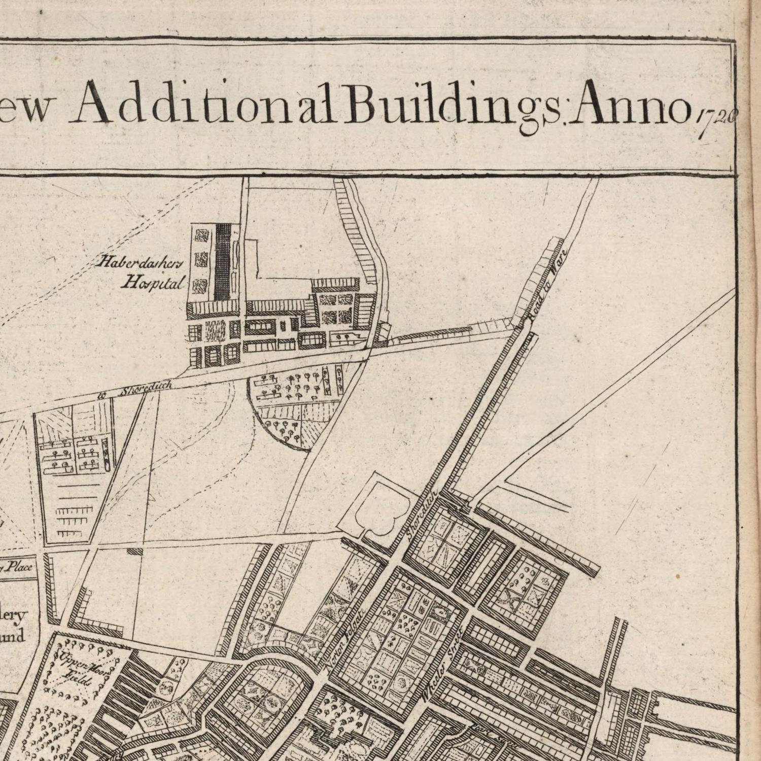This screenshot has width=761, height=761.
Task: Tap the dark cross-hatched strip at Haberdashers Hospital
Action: [221, 261]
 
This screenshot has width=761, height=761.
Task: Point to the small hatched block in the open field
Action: [134, 551]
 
